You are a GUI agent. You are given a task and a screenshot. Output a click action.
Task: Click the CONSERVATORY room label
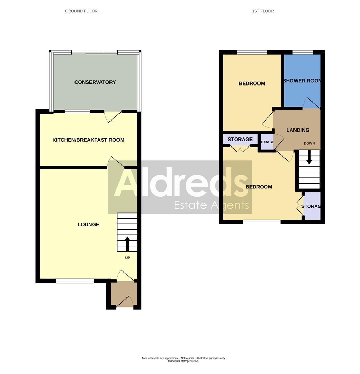click(95, 82)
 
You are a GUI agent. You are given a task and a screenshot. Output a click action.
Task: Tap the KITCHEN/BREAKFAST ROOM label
click(88, 140)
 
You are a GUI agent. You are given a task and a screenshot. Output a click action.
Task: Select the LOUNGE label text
click(88, 225)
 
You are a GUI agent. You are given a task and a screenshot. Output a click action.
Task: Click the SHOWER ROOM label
click(302, 81)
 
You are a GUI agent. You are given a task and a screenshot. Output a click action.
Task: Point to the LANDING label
click(298, 130)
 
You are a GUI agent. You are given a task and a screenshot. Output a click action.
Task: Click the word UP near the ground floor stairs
click(127, 258)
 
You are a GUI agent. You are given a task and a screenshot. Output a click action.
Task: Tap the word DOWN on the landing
click(309, 143)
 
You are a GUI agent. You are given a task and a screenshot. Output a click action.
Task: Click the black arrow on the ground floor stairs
click(127, 243)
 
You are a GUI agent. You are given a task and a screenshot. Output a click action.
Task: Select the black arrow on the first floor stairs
click(309, 158)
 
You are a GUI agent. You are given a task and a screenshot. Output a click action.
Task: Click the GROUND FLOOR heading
click(81, 11)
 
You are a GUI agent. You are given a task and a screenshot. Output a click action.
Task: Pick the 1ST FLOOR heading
click(263, 11)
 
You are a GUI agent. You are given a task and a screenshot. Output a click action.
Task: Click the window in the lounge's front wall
click(75, 281)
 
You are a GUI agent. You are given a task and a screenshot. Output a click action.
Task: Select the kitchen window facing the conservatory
click(77, 112)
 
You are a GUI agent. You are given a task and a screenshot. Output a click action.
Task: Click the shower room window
click(302, 52)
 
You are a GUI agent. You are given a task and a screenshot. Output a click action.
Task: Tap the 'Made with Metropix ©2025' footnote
click(183, 361)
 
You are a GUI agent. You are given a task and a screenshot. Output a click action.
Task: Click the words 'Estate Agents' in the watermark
click(211, 205)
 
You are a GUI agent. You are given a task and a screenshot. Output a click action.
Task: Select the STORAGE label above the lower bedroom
click(240, 139)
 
